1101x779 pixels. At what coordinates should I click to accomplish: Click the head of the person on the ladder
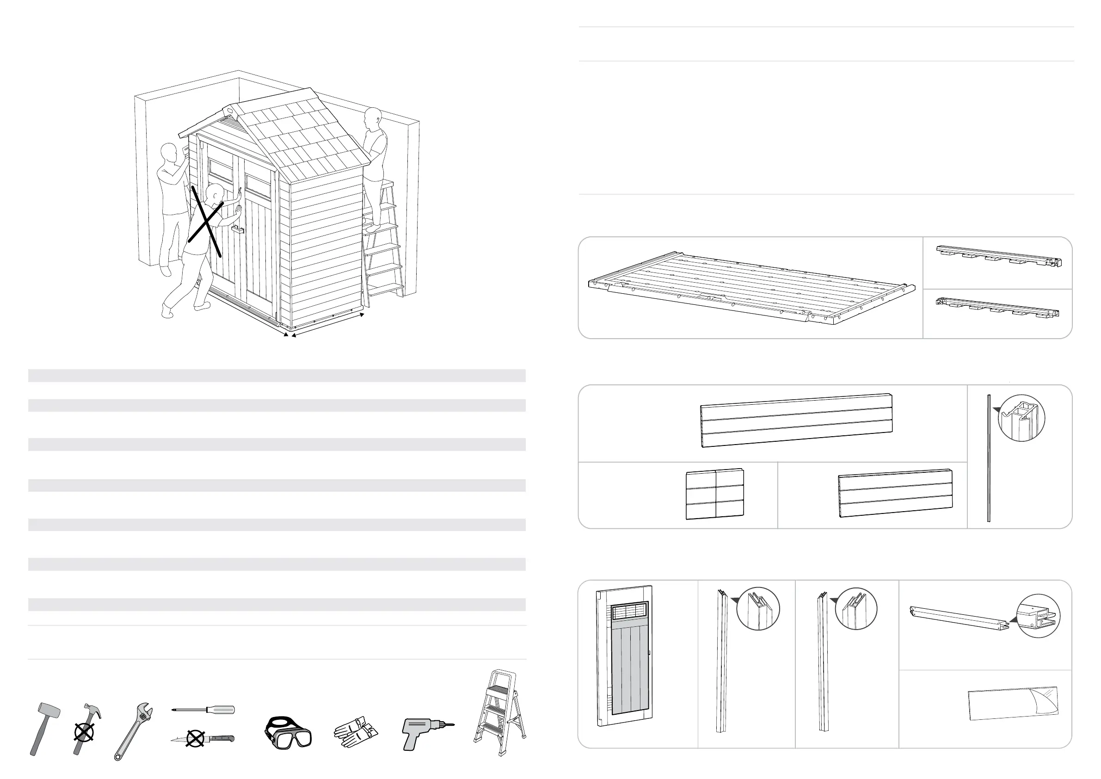pyautogui.click(x=373, y=117)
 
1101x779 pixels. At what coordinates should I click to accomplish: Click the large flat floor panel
pyautogui.click(x=748, y=288)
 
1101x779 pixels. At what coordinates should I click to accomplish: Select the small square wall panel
pyautogui.click(x=714, y=494)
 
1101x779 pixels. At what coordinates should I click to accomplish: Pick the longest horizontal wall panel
pyautogui.click(x=796, y=420)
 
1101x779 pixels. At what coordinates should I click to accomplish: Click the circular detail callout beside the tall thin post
pyautogui.click(x=1021, y=418)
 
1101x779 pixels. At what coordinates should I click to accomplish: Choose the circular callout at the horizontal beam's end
pyautogui.click(x=1038, y=616)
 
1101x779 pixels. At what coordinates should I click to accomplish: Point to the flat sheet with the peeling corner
pyautogui.click(x=1012, y=703)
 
